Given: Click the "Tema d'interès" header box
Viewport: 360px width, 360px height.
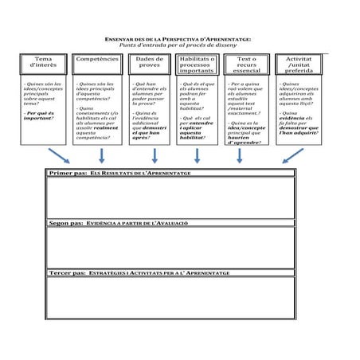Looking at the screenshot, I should [x=44, y=63].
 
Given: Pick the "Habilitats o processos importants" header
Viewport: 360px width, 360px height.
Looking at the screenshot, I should [x=197, y=65].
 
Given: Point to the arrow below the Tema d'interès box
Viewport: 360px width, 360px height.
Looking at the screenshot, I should [x=58, y=155].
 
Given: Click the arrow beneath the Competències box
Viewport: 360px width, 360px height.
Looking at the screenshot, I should [x=101, y=155].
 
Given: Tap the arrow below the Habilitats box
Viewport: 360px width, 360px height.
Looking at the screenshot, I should [x=197, y=155].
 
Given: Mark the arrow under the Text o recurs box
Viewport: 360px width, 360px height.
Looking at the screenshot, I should [x=239, y=155].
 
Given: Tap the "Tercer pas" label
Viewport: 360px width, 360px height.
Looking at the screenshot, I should [x=67, y=272].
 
